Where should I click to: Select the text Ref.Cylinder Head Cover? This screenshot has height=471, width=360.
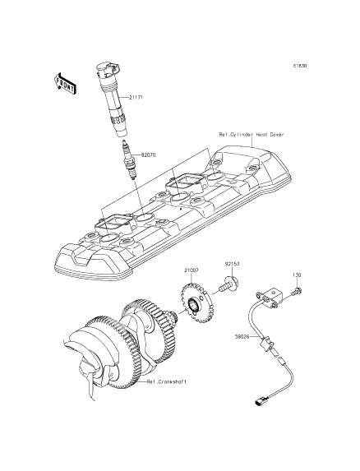[251, 135]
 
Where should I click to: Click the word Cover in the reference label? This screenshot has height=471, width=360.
[275, 135]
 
